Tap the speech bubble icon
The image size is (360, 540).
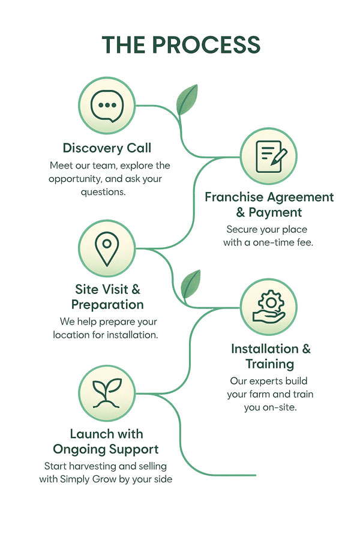click(x=107, y=106)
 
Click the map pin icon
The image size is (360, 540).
click(x=106, y=247)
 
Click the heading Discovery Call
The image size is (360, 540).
click(x=107, y=148)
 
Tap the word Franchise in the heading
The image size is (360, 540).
click(x=234, y=197)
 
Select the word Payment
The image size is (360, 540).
click(x=275, y=212)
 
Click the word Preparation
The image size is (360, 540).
click(x=107, y=304)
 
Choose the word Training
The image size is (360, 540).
click(x=270, y=364)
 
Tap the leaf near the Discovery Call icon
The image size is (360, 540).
click(x=187, y=99)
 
